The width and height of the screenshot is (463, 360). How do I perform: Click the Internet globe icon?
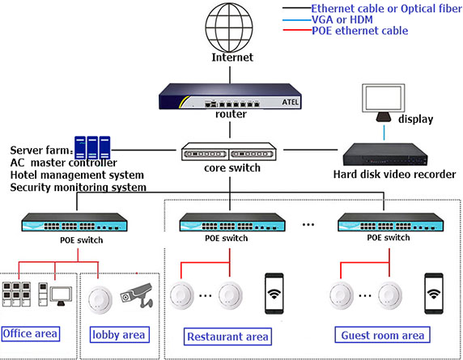point(229,28)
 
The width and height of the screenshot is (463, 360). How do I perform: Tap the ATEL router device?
point(230,96)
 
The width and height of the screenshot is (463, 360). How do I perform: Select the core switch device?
point(229,151)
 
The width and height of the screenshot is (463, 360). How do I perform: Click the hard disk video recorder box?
point(385,155)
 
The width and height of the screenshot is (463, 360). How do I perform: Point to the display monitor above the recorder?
point(384,103)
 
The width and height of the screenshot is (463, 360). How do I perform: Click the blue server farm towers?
point(92,147)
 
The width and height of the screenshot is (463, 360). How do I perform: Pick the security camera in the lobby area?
point(137,294)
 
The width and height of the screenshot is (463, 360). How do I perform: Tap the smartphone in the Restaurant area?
point(274,294)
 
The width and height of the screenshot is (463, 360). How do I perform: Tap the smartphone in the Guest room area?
point(434,294)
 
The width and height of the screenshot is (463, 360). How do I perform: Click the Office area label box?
point(31,334)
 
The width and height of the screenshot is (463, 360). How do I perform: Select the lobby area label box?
point(119,335)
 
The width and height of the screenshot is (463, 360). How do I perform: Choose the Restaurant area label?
point(227,337)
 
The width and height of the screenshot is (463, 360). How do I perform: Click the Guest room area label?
point(382,335)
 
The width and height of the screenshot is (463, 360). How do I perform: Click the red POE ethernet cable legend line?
point(297,30)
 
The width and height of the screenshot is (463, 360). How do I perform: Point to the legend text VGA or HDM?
point(342,19)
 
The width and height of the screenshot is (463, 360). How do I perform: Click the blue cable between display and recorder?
point(384,133)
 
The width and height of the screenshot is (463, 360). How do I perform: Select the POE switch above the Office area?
point(74,222)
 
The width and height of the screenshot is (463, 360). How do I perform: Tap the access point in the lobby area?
point(100,299)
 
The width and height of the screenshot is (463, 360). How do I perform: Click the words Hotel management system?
point(77,175)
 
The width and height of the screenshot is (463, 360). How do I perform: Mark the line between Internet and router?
point(230,75)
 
